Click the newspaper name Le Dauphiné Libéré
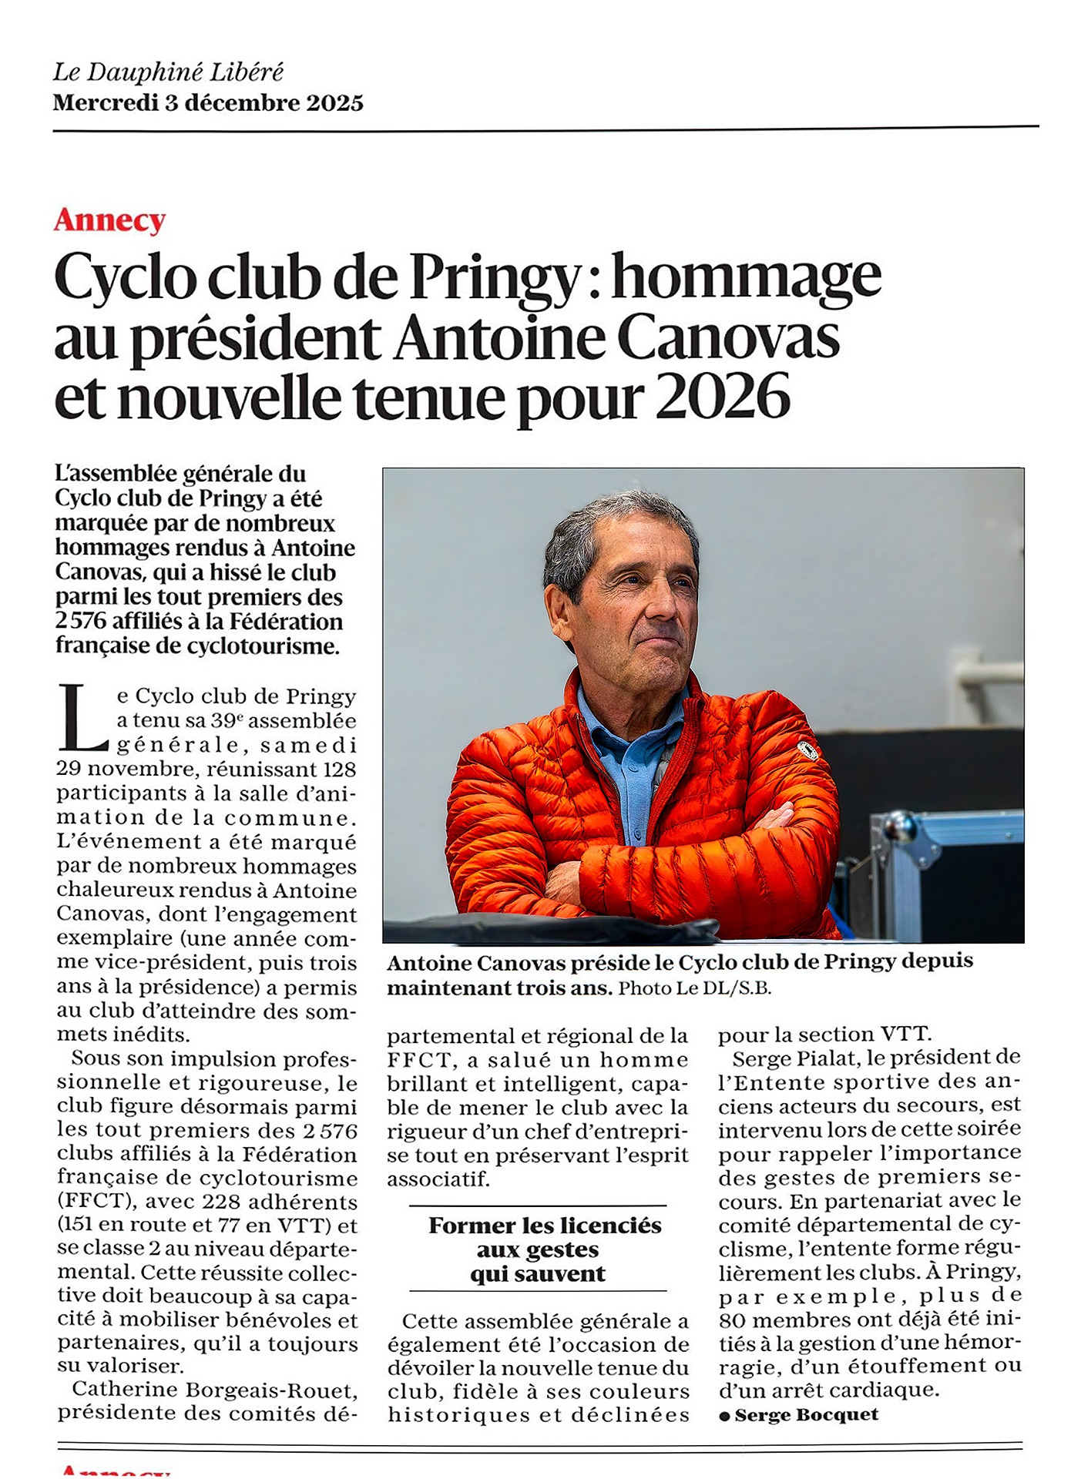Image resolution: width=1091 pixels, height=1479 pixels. tap(168, 72)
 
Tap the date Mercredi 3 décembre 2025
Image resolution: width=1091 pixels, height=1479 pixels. tap(208, 103)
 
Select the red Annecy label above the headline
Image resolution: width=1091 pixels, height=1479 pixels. tap(109, 220)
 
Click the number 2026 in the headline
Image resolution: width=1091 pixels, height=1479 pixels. tap(723, 397)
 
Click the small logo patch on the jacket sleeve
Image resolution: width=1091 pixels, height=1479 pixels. tap(807, 750)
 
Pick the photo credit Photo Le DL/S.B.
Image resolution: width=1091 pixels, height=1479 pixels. tap(694, 988)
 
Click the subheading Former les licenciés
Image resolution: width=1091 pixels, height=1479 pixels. tap(545, 1226)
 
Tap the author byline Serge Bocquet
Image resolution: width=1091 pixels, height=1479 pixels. tap(806, 1414)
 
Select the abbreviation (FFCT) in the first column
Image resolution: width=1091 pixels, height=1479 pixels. tap(96, 1202)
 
